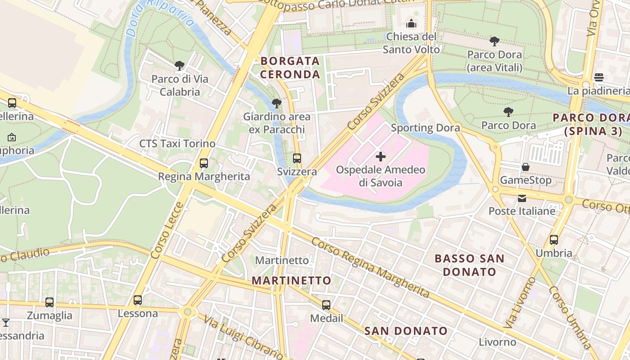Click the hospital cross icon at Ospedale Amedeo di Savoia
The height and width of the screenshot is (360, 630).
pos(381,157)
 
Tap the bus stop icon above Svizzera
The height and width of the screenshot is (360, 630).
pos(297,158)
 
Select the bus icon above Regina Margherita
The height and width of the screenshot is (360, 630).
pos(204,163)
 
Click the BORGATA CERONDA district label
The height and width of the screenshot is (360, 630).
pos(290,67)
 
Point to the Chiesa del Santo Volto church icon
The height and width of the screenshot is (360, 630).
pos(411,23)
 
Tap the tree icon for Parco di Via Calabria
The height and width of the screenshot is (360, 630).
pos(180,66)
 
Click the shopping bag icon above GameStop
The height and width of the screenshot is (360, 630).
pos(525,167)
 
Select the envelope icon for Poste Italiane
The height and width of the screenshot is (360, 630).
pos(522,198)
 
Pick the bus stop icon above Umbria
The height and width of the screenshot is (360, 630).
pos(554,240)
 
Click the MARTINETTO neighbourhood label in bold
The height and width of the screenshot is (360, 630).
pos(291,280)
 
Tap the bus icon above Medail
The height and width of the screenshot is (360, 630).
pos(326,305)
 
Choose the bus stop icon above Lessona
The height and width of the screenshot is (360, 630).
pos(138,300)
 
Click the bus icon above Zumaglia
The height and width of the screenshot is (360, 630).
pos(49,302)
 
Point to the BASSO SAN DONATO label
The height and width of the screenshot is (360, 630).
pos(469,265)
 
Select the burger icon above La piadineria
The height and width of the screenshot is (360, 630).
pos(598,77)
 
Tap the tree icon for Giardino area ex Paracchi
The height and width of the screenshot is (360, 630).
pos(277,103)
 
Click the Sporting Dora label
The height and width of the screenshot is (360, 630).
pos(425,128)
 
